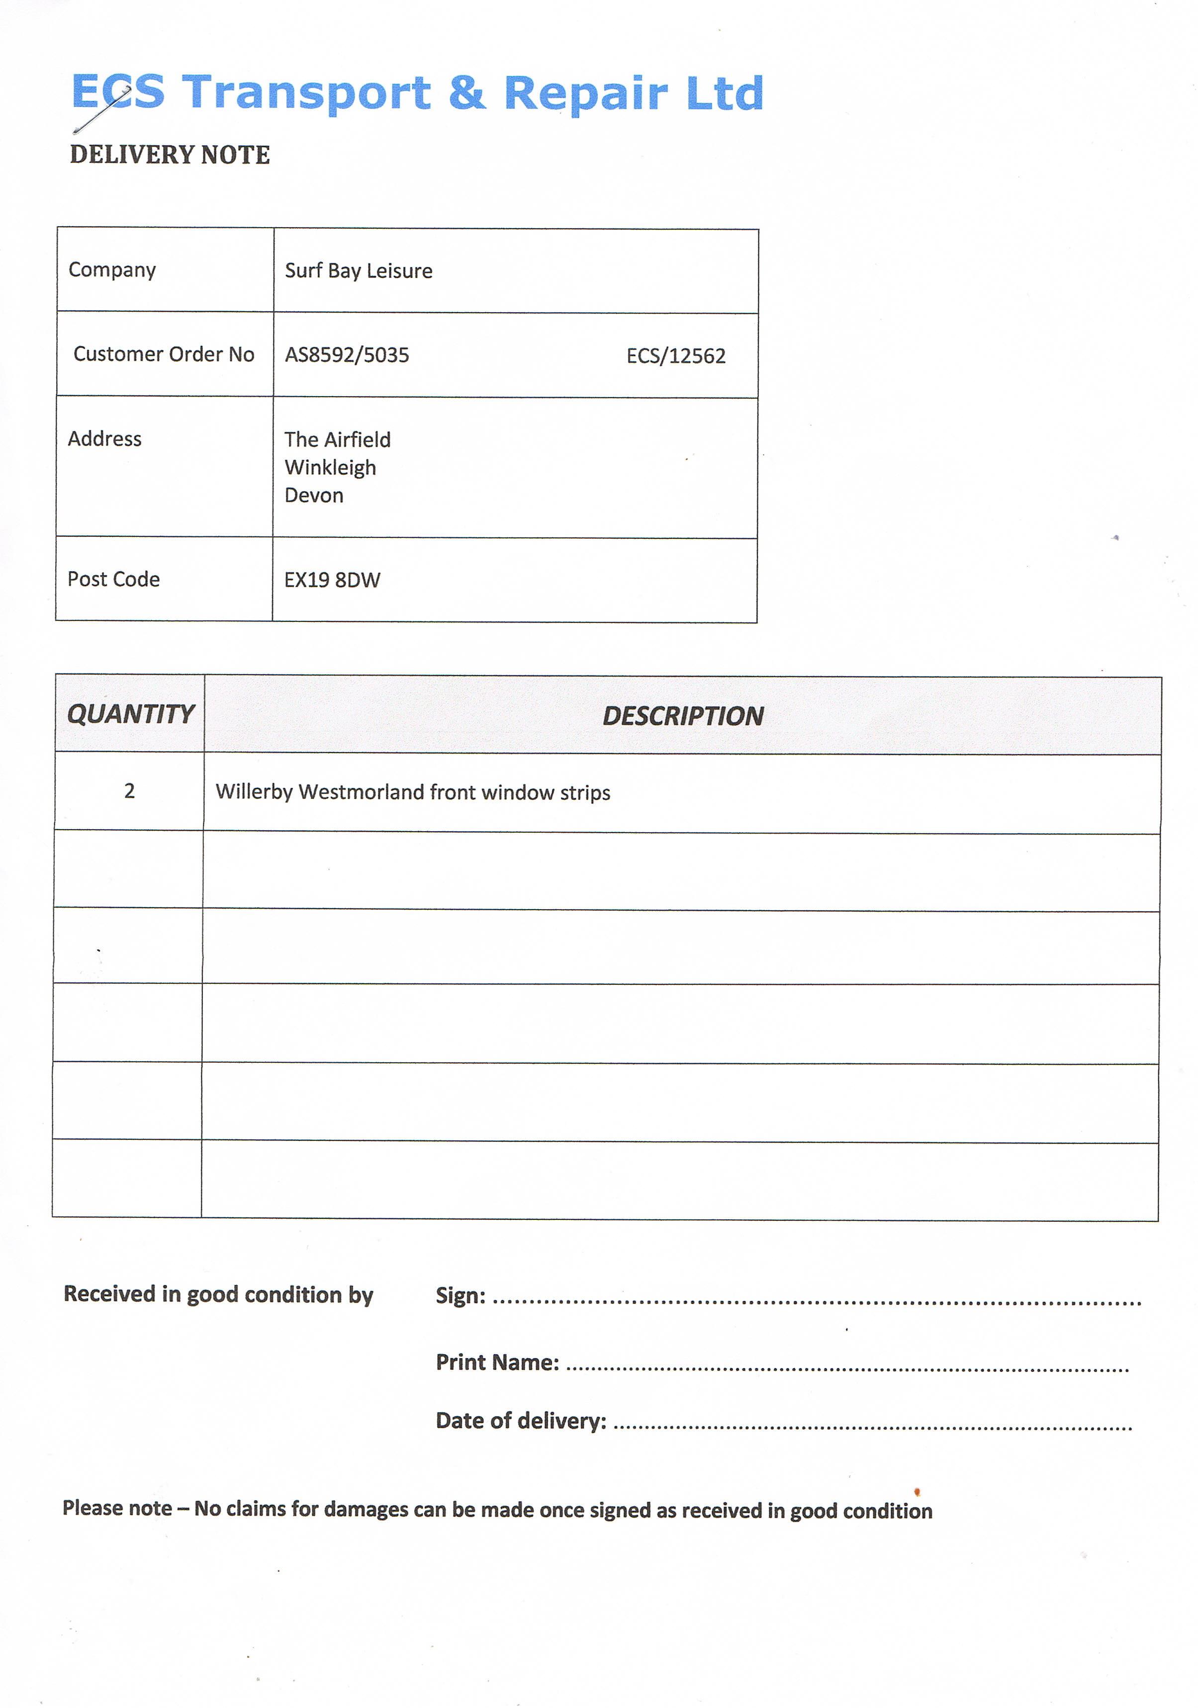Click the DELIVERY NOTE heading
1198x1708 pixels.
[x=170, y=155]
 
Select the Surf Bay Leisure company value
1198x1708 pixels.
[x=358, y=271]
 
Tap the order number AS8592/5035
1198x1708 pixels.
[x=347, y=355]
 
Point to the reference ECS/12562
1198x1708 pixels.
[x=676, y=356]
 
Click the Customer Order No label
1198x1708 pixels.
[x=164, y=354]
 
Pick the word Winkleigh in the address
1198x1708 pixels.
[x=330, y=468]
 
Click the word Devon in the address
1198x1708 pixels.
[x=314, y=496]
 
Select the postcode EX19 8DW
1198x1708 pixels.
[x=332, y=580]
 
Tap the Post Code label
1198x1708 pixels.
[x=114, y=580]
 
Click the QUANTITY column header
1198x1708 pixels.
[x=130, y=714]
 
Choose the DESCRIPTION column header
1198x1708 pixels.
[x=682, y=716]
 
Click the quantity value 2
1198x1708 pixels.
[x=129, y=791]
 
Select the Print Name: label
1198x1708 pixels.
[x=497, y=1362]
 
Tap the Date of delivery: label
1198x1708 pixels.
[x=521, y=1421]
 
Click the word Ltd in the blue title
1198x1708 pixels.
[x=725, y=94]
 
